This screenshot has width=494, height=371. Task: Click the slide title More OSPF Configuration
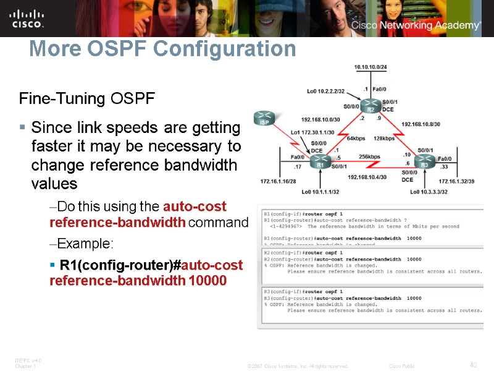click(162, 48)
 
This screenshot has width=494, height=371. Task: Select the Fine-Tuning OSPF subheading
click(87, 98)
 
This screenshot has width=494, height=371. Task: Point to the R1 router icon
click(320, 163)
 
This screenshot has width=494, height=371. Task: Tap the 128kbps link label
click(383, 138)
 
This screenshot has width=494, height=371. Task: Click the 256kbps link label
click(369, 157)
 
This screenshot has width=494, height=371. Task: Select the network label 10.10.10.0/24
click(370, 66)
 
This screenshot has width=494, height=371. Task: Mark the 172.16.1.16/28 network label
click(278, 182)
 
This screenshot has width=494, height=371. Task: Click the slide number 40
click(473, 365)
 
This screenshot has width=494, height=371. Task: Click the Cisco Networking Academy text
click(416, 25)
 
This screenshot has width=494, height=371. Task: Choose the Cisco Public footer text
click(402, 366)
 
